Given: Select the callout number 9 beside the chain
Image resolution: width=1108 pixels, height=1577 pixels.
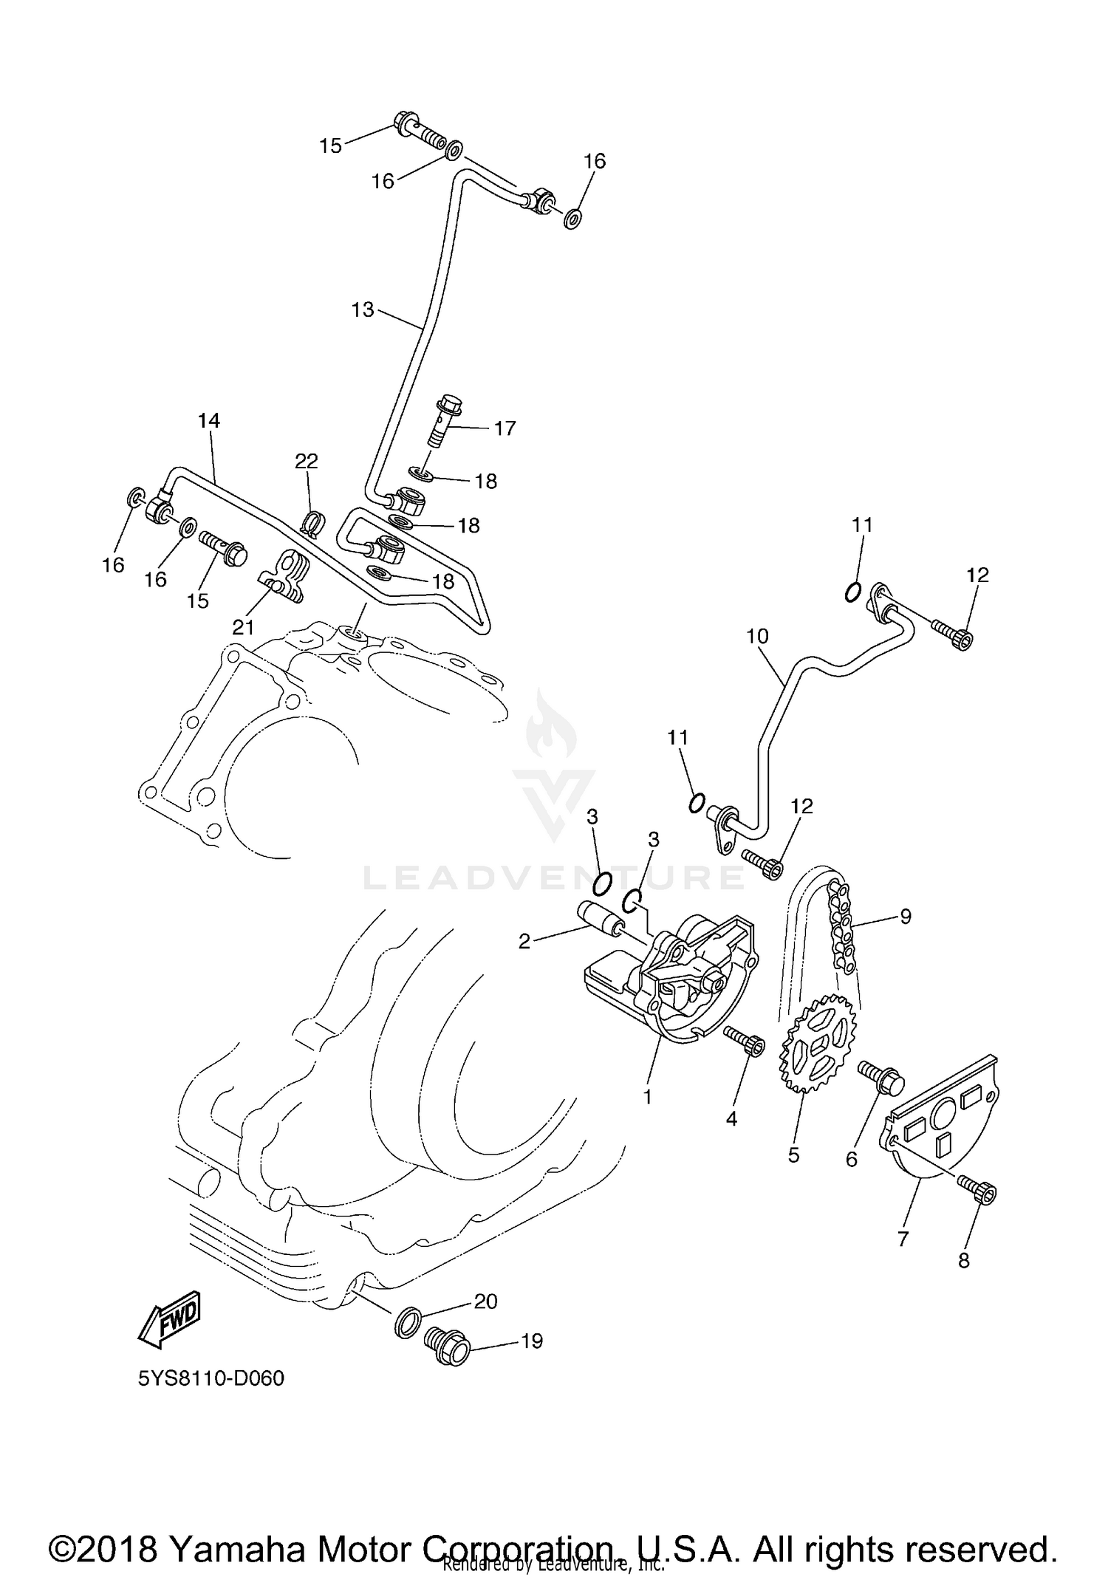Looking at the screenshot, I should point(905,916).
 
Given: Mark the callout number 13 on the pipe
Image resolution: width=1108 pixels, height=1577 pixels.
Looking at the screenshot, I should point(363,309).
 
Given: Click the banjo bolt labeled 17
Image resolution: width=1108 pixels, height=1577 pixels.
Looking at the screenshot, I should point(445,424).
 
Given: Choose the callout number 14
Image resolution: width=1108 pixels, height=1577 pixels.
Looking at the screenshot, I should point(209,420).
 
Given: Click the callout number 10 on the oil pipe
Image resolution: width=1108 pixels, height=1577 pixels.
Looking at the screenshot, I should point(757,636).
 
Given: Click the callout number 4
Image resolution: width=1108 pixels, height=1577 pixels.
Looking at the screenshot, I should point(731,1119).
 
